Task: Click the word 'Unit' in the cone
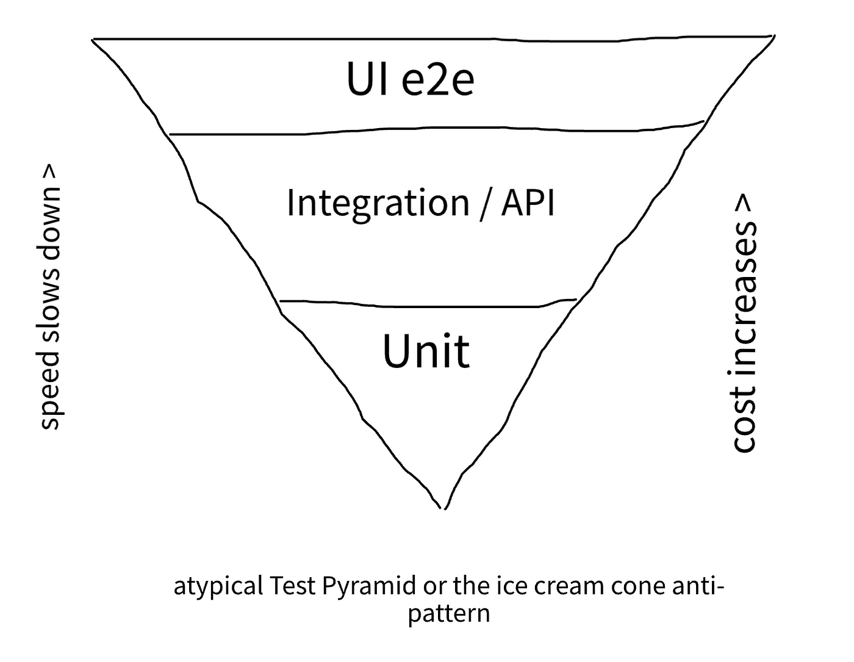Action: pos(426,351)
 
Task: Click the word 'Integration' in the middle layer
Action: pos(378,204)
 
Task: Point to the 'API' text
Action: pos(528,202)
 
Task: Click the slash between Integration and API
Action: pos(485,204)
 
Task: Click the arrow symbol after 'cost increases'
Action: pos(744,203)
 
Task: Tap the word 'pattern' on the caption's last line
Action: pos(449,614)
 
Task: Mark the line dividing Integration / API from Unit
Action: pos(428,304)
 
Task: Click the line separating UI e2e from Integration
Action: pos(436,130)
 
